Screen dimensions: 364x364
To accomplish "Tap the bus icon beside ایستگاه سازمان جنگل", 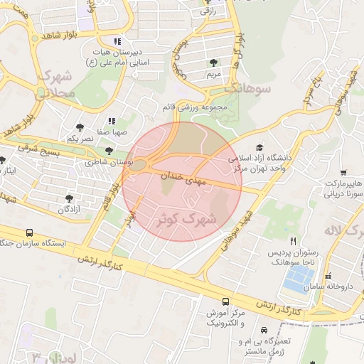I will click(x=30, y=232).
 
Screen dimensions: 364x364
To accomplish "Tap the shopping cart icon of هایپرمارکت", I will click(x=344, y=173).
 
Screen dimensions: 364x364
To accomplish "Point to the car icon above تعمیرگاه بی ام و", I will click(x=264, y=331).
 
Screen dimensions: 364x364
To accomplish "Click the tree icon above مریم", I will click(x=214, y=63).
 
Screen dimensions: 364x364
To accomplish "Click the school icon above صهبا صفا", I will click(x=111, y=121).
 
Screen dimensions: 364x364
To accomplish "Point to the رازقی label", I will click(x=208, y=11).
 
